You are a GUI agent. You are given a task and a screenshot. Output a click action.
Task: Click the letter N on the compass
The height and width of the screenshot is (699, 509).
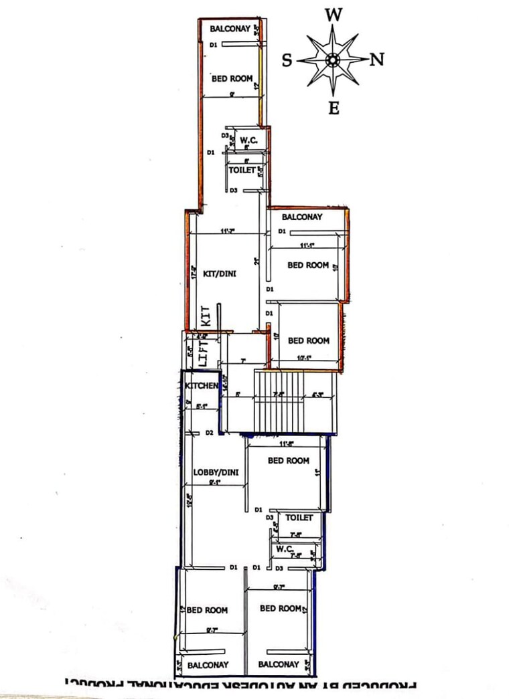click(377, 60)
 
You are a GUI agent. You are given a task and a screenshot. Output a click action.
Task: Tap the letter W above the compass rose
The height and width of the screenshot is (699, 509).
click(334, 15)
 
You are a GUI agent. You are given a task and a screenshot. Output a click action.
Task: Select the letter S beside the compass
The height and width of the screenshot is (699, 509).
click(287, 61)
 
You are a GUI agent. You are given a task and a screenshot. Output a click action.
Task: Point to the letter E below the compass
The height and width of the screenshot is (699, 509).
click(334, 107)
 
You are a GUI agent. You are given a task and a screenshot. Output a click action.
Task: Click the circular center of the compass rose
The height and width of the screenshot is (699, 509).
click(332, 60)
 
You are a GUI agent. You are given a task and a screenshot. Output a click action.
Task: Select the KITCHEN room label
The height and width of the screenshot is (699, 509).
click(201, 387)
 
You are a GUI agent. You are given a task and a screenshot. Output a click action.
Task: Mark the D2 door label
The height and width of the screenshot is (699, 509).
click(209, 433)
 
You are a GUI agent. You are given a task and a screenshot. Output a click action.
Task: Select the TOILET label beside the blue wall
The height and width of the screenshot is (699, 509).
click(299, 518)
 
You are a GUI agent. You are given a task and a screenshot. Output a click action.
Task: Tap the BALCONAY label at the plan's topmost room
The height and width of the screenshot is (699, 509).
click(230, 29)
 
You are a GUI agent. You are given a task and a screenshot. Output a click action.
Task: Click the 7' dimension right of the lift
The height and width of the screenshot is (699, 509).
click(242, 362)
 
